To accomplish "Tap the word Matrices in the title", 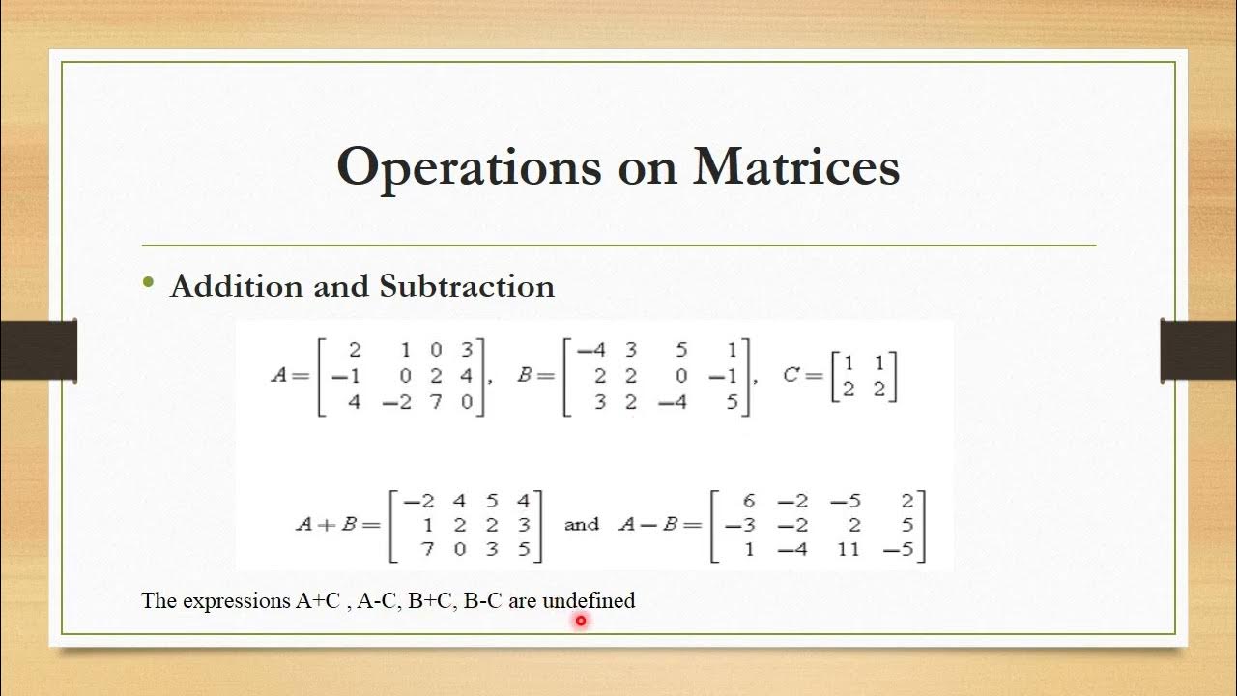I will (x=796, y=167).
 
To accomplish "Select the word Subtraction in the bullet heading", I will (x=467, y=286).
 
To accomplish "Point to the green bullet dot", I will (x=148, y=282).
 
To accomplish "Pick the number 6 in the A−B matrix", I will (x=748, y=500).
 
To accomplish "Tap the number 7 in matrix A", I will (x=435, y=401).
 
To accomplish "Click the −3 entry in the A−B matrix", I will (x=738, y=526).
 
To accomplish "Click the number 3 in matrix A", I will (x=467, y=350).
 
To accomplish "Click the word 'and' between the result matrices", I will (x=581, y=525).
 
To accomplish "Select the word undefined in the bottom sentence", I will (x=589, y=600).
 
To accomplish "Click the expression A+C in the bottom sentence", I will (x=318, y=600).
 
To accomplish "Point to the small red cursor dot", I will (x=581, y=622).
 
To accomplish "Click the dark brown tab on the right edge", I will (x=1198, y=349).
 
